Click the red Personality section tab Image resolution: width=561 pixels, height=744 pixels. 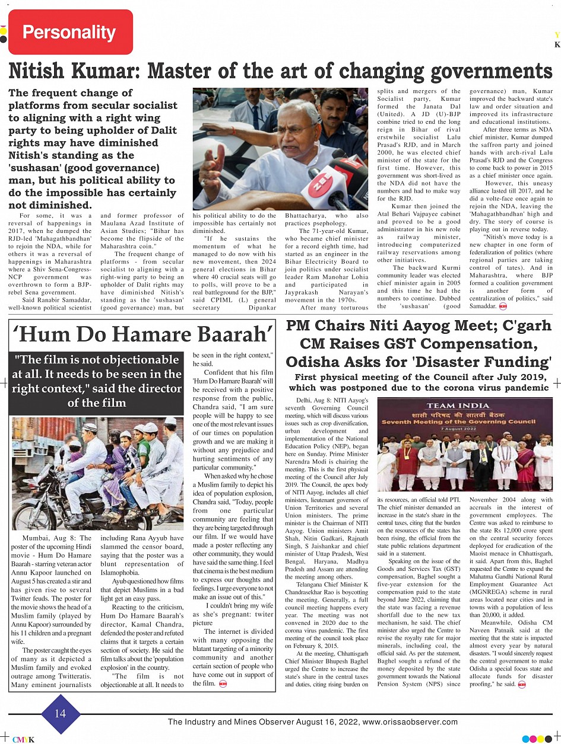point(70,32)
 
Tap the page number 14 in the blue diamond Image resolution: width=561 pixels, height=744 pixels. point(60,713)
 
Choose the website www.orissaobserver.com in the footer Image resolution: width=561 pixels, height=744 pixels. point(410,721)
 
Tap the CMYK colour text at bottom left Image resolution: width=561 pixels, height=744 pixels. point(24,739)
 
